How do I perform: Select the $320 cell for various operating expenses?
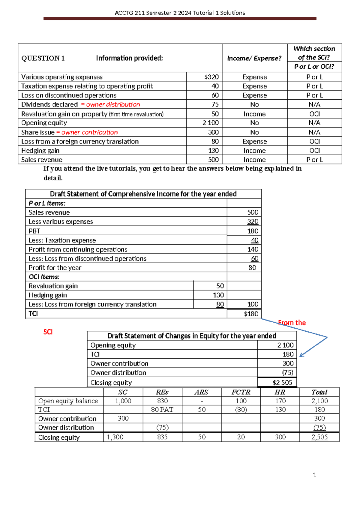tap(211, 77)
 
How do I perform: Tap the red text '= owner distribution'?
tap(110, 104)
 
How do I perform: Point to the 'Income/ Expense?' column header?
tap(254, 58)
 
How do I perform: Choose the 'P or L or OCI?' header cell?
tap(314, 67)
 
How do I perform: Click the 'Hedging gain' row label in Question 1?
tap(40, 151)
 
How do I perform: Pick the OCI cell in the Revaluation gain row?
tap(314, 114)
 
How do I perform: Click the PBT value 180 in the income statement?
tap(253, 231)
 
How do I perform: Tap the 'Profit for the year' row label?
tap(55, 268)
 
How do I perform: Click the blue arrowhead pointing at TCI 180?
tap(301, 355)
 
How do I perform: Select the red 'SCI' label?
tap(48, 332)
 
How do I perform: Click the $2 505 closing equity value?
tap(282, 383)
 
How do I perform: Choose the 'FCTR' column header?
tap(241, 392)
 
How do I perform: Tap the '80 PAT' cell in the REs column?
tap(162, 410)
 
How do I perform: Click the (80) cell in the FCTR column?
tap(241, 410)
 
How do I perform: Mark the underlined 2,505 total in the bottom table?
tap(319, 437)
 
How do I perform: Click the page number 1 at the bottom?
tap(314, 474)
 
